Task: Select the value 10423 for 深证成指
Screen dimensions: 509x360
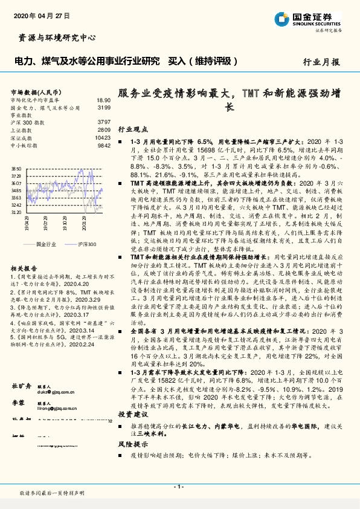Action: tap(103, 137)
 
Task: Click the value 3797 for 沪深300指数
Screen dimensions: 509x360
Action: tap(104, 122)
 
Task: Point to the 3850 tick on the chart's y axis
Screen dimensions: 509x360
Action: tap(17, 169)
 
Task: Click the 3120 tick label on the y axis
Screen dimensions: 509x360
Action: tap(17, 212)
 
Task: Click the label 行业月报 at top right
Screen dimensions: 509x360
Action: tap(321, 62)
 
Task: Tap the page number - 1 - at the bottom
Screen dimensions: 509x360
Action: tap(179, 485)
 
